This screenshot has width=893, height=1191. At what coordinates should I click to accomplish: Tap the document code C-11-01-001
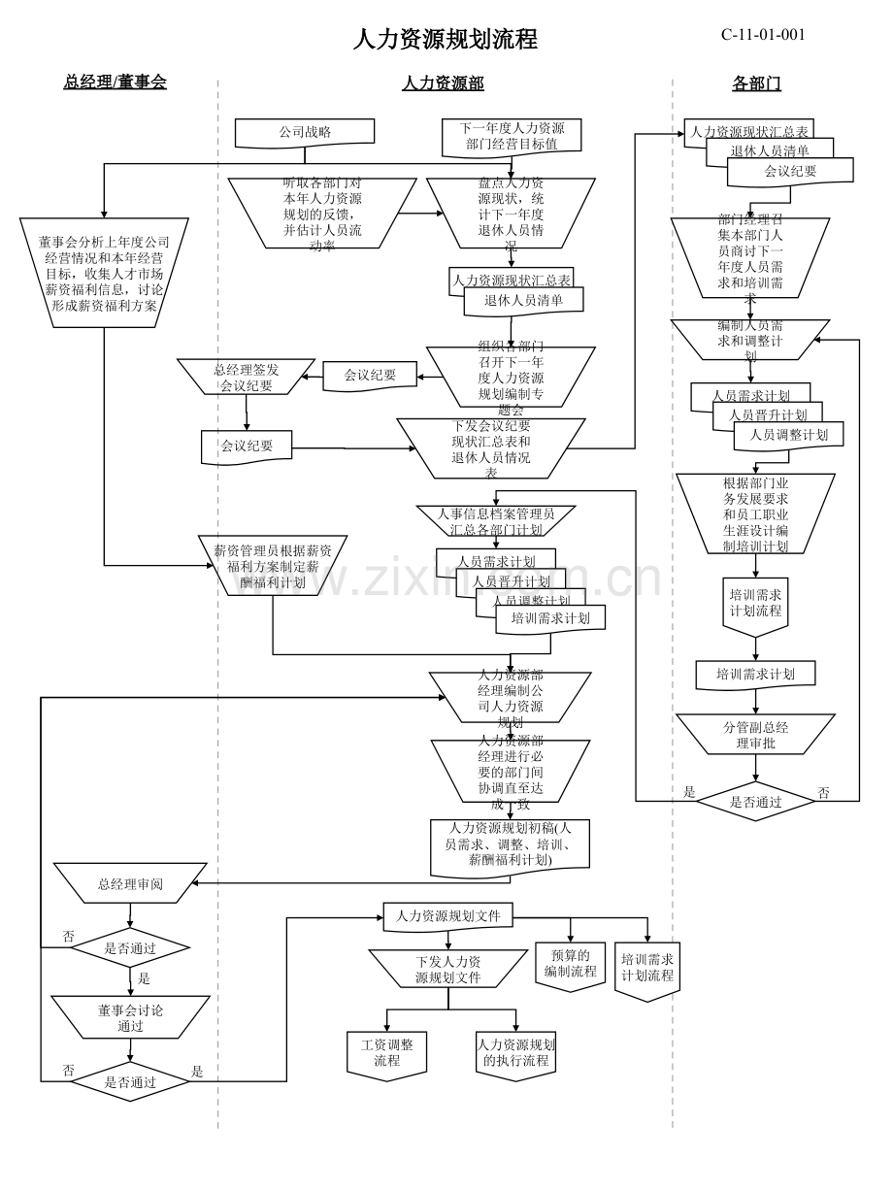[x=763, y=35]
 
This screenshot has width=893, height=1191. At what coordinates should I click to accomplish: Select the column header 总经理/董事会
[x=115, y=83]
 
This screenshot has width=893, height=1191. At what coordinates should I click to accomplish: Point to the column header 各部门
[x=756, y=83]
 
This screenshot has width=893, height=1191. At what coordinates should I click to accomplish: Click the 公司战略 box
[x=305, y=132]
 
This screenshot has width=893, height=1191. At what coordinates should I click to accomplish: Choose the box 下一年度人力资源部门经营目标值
[x=512, y=136]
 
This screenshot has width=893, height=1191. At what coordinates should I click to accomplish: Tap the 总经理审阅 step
[x=130, y=883]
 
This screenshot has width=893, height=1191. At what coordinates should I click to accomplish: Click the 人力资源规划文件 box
[x=447, y=915]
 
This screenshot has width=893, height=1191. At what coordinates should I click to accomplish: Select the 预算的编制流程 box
[x=570, y=964]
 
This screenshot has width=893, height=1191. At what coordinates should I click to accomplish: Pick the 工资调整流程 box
[x=386, y=1052]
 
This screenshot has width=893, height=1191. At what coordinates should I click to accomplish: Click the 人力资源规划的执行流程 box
[x=515, y=1052]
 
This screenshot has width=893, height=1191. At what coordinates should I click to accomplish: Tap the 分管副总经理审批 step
[x=755, y=735]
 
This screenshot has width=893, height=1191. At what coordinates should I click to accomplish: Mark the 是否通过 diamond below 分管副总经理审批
[x=755, y=802]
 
